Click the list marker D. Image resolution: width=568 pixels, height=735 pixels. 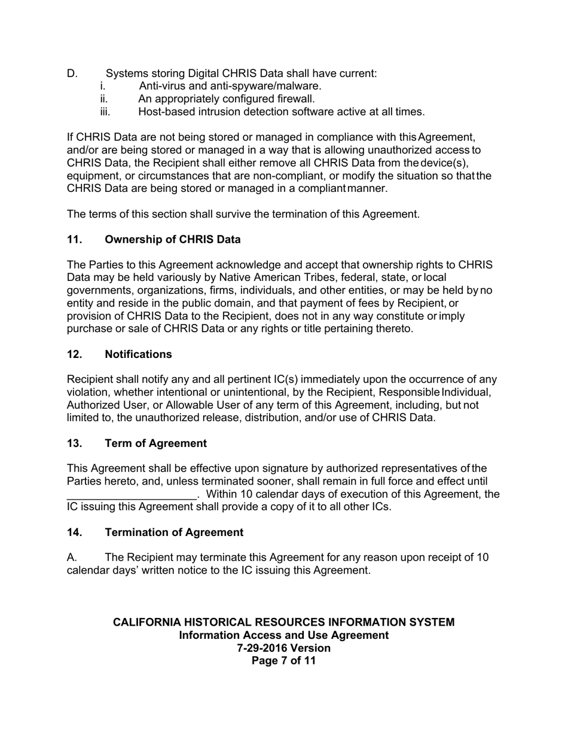[72, 73]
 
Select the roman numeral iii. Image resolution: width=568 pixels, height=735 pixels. [106, 112]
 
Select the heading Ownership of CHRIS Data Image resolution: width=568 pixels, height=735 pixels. [173, 240]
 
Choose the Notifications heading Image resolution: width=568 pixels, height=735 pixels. [138, 354]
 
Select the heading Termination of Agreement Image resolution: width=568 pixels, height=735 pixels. [174, 532]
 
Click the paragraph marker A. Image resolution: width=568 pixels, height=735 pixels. [72, 558]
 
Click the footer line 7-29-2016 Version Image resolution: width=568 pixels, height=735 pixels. [283, 648]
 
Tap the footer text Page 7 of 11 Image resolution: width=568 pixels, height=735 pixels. [283, 661]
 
